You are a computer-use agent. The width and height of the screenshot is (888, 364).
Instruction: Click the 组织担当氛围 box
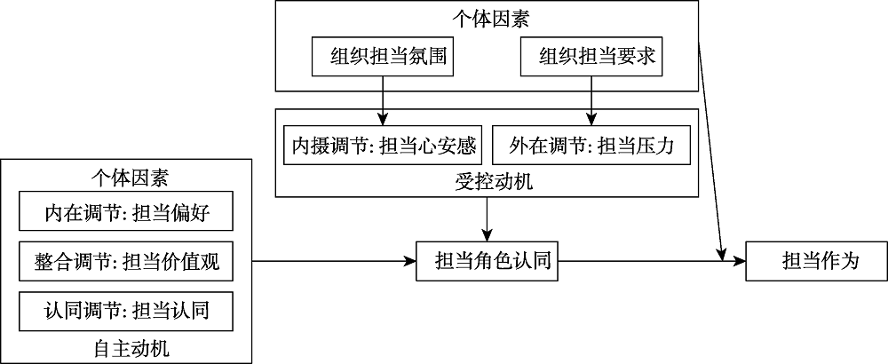coord(383,58)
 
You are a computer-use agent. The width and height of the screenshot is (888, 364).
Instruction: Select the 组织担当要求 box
coord(591,58)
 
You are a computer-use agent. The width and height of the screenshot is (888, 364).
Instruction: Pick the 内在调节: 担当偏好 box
coord(126,213)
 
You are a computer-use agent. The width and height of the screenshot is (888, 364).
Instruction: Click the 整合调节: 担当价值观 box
coord(126,262)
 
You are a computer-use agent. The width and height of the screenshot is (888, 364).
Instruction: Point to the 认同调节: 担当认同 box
coord(126,311)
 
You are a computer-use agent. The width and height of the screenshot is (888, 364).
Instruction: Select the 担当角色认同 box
coord(488,261)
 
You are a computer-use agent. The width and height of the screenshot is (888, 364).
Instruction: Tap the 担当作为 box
coord(816,261)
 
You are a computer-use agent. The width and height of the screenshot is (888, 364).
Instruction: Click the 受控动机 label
coord(487,182)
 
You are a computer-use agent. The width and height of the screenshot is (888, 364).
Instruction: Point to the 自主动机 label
coord(126,348)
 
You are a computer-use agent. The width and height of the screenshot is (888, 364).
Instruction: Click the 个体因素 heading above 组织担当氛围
coord(487,16)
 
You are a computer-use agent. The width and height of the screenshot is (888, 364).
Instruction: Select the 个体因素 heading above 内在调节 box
coord(126,177)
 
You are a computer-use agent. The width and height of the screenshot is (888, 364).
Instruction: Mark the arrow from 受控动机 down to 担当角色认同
coord(487,218)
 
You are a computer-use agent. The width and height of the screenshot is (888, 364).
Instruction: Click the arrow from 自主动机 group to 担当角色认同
coord(334,261)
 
